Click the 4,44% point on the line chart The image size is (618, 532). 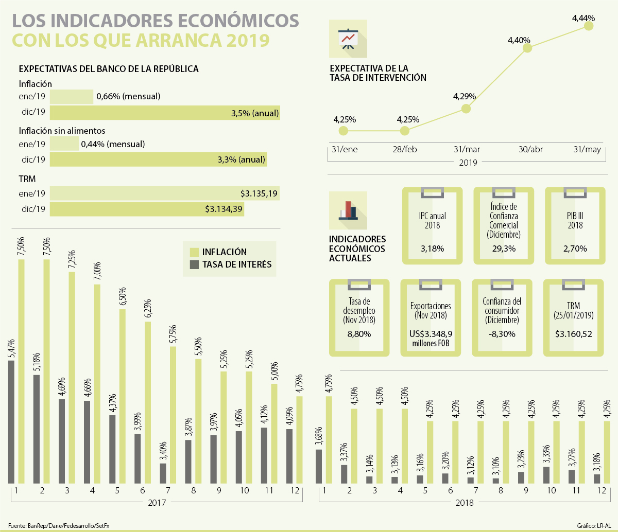pos(589,26)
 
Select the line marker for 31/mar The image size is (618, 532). pos(466,109)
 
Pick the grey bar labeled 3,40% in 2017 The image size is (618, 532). pos(163,473)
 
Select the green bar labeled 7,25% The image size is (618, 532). pos(72,377)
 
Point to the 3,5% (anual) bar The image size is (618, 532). pos(165,113)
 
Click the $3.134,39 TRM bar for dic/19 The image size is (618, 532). pos(147,209)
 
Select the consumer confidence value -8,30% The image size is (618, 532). pos(502,334)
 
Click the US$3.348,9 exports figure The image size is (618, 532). pos(430,334)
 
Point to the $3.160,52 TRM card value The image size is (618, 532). pos(573,334)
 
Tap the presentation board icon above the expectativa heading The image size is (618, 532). pos(348,38)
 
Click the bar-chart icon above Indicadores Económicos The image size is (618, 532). pos(348,210)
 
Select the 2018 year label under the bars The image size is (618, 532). pos(464,502)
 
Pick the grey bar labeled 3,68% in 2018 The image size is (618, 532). pos(319,466)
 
